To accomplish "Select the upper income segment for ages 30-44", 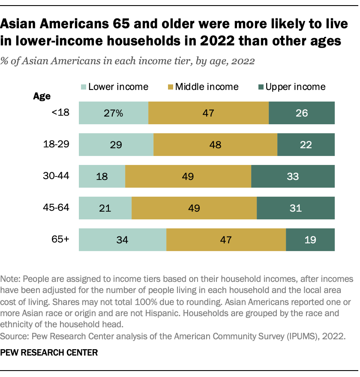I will [x=293, y=176].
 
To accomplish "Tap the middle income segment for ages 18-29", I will [x=215, y=144].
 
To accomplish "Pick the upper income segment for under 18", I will [x=301, y=113].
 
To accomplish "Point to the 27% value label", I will [x=114, y=113].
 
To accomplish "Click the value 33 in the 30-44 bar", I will [x=293, y=177].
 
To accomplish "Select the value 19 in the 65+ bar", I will [x=310, y=240].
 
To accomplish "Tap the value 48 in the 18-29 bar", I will [x=215, y=145].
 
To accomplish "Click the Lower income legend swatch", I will [x=83, y=87].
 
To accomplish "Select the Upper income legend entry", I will [x=291, y=87].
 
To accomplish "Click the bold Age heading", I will [x=42, y=96].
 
